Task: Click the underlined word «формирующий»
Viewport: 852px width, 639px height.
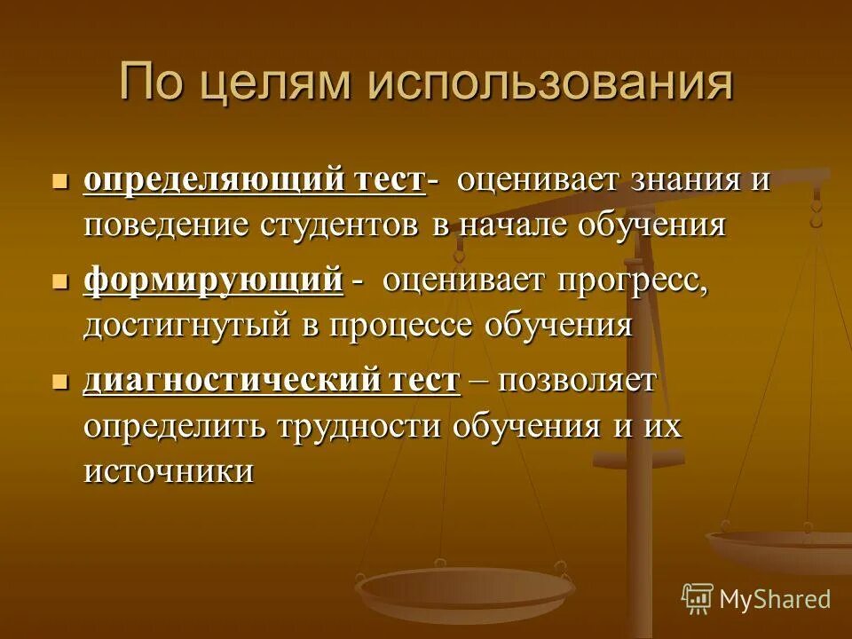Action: click(x=213, y=281)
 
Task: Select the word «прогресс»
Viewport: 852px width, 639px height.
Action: click(x=633, y=281)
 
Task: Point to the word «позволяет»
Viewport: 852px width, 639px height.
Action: click(x=578, y=382)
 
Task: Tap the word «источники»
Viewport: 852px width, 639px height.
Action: click(x=169, y=471)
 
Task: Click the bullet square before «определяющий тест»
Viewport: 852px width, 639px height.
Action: click(x=60, y=181)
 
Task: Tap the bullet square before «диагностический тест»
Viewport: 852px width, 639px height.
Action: click(x=60, y=383)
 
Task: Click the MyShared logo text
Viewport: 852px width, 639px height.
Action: click(x=774, y=599)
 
